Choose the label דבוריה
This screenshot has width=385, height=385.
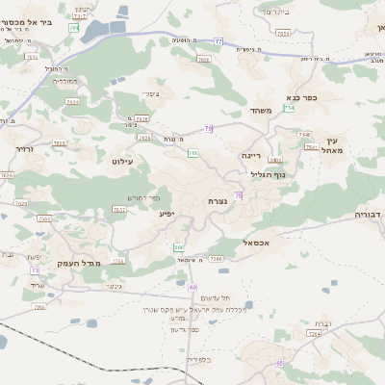pyautogui.click(x=368, y=214)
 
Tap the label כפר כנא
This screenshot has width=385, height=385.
pyautogui.click(x=301, y=97)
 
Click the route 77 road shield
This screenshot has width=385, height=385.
pyautogui.click(x=218, y=41)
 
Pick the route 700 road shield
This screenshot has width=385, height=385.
pyautogui.click(x=193, y=152)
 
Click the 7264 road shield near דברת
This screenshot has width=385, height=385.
pyautogui.click(x=313, y=334)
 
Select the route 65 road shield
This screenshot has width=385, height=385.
pyautogui.click(x=279, y=363)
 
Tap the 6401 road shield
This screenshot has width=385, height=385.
pyautogui.click(x=276, y=160)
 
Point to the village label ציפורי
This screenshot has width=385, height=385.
pyautogui.click(x=152, y=92)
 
